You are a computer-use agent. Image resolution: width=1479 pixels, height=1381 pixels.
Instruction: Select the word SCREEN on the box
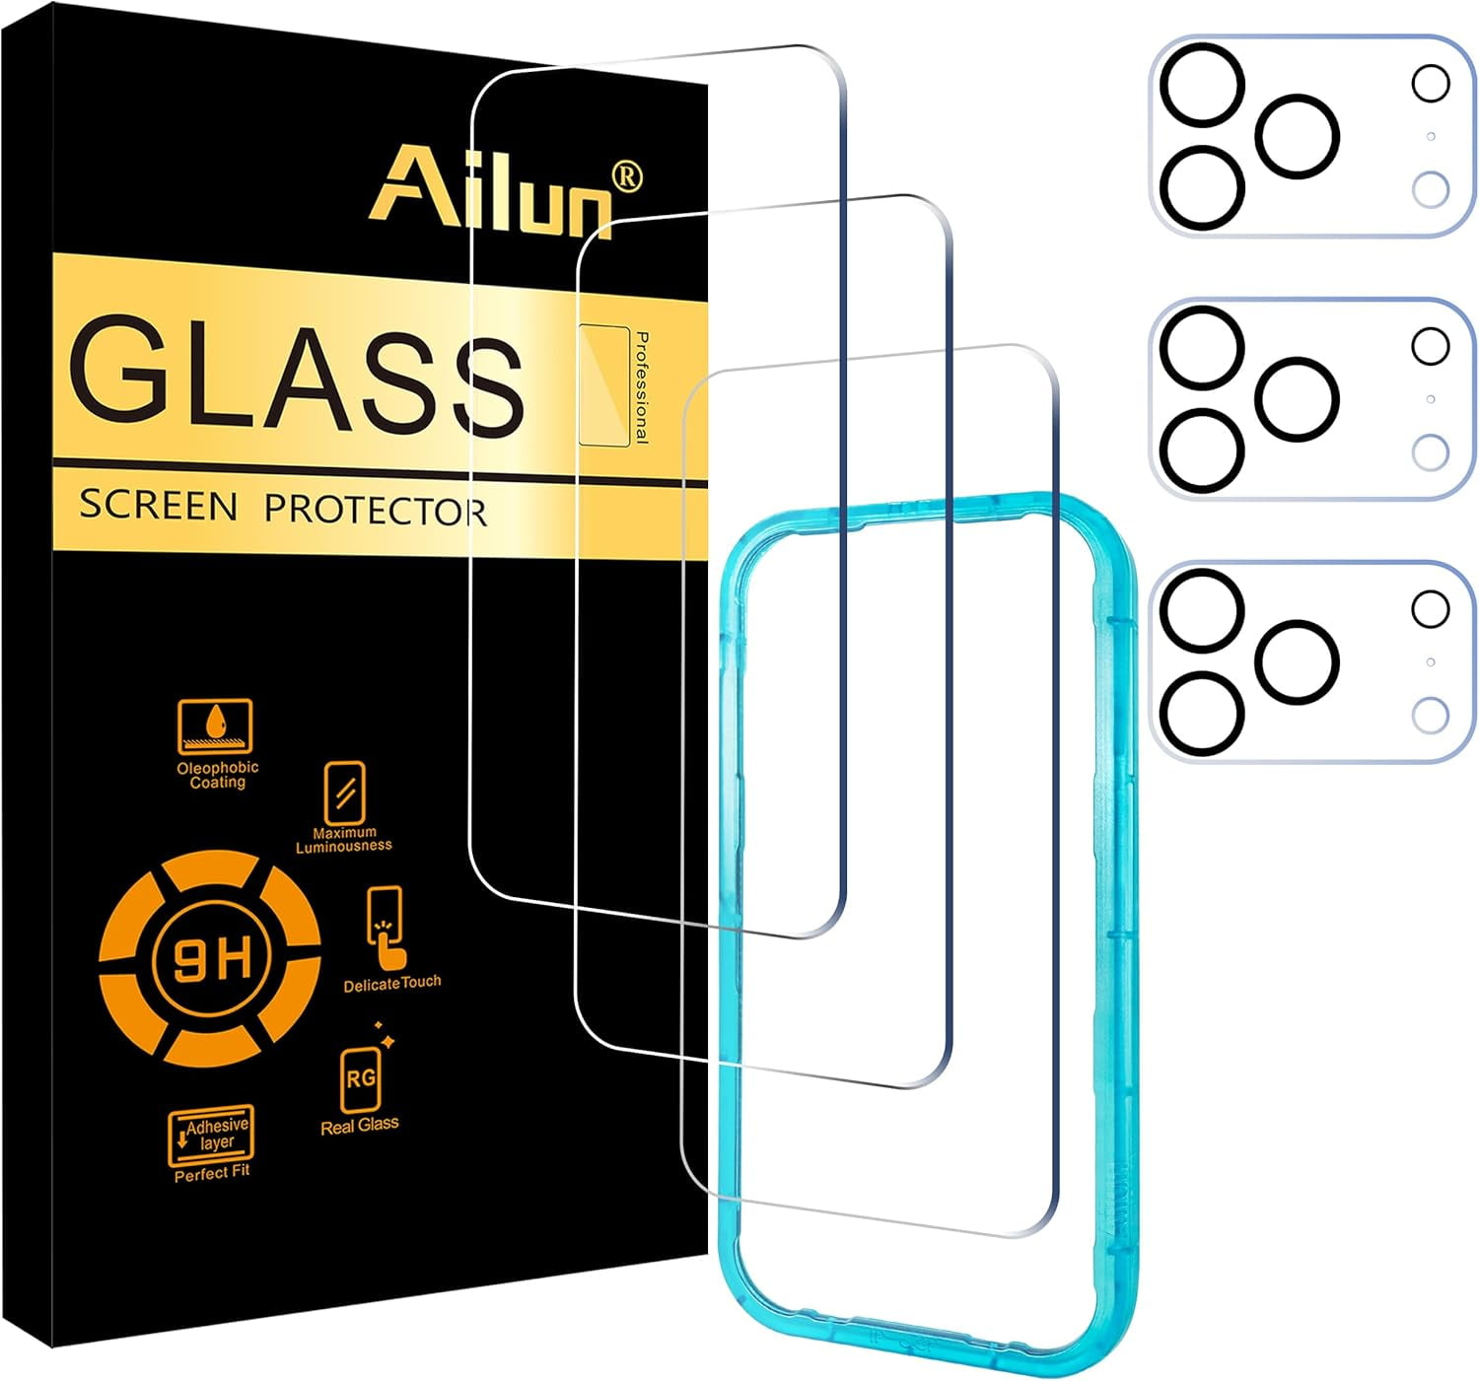[x=158, y=506]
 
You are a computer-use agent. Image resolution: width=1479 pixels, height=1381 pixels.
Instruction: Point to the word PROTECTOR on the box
[x=375, y=511]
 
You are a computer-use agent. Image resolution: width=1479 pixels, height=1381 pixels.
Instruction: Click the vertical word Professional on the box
[x=642, y=387]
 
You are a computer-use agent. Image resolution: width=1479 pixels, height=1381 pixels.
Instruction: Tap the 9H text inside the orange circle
[x=211, y=959]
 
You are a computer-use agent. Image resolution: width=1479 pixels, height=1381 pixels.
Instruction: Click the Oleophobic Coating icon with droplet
[x=215, y=726]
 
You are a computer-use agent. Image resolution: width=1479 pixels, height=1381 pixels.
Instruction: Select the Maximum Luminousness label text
[x=344, y=839]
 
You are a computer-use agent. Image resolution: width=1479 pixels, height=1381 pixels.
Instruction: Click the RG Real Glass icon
[x=360, y=1080]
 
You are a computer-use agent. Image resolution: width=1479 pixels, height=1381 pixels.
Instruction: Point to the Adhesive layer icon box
[x=211, y=1135]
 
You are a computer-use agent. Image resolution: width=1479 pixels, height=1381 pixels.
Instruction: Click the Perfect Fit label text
[x=212, y=1173]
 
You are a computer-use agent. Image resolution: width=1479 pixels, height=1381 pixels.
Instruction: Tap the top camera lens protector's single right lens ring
[x=1298, y=136]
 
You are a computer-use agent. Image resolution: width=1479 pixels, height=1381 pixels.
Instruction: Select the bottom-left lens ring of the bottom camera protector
[x=1200, y=714]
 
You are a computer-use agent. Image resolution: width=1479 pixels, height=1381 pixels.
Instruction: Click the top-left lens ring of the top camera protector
[x=1201, y=84]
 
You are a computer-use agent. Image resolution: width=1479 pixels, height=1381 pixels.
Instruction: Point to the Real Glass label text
[x=360, y=1125]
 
